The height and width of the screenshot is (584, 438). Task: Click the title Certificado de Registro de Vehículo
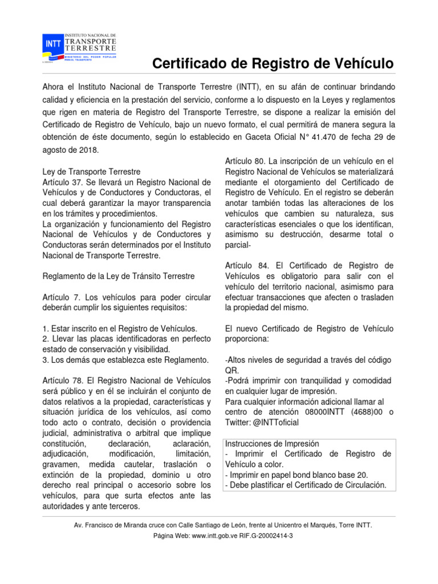tap(273, 64)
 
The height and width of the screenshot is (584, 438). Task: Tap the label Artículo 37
tap(62, 181)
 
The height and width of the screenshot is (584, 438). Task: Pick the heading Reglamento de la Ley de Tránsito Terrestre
tap(119, 276)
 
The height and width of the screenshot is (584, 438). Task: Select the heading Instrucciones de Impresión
tap(273, 443)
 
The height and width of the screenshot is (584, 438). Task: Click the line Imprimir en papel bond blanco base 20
tap(297, 474)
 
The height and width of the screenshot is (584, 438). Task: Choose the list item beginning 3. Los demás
tap(126, 359)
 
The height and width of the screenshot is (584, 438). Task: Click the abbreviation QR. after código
tap(232, 370)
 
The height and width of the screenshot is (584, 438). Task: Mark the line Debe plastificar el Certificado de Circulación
tap(306, 485)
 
